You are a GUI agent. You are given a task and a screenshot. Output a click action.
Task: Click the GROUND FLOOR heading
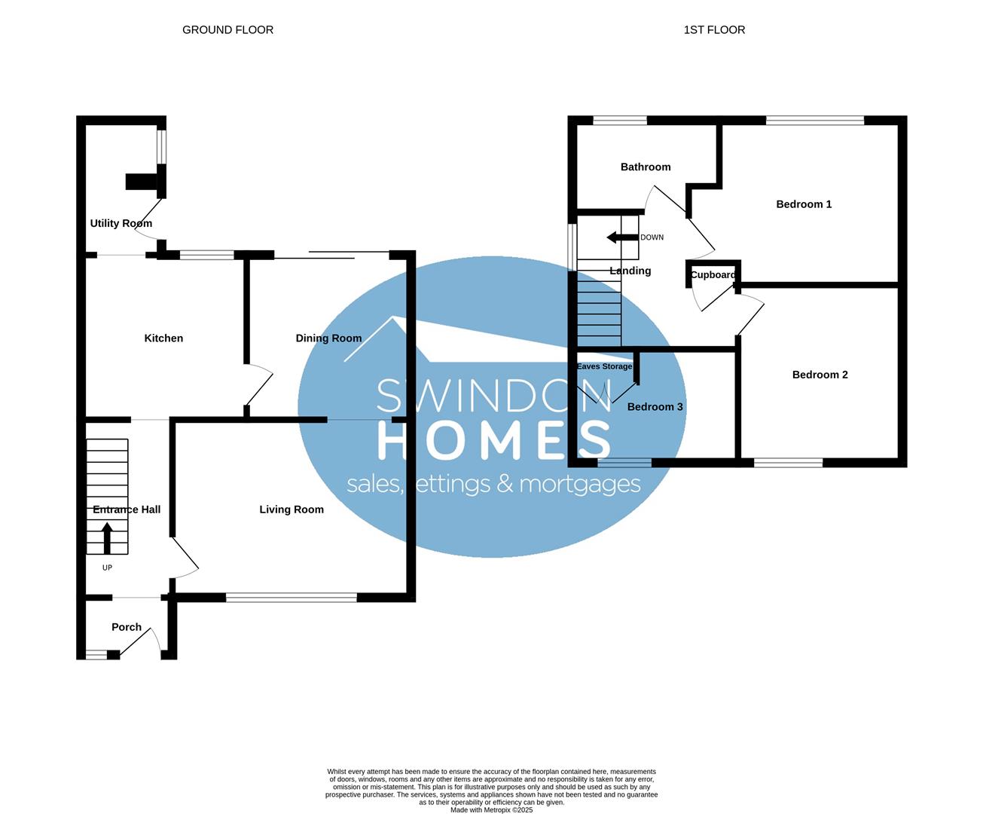227,30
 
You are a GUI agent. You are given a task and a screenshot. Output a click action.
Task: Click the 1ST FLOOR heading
714,30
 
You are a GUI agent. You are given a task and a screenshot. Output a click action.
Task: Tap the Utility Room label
121,223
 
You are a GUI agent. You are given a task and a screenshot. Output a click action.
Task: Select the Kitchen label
163,338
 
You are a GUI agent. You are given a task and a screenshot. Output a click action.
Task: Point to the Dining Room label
328,338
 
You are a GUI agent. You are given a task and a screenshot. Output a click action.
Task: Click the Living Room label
292,510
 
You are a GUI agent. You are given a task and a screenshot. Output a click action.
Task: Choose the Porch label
127,627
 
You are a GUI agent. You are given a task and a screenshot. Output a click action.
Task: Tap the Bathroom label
646,167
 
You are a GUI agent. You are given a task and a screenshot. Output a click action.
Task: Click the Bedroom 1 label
804,204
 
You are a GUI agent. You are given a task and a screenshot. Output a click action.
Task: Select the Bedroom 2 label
820,375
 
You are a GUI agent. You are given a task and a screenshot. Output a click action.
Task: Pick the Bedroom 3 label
655,407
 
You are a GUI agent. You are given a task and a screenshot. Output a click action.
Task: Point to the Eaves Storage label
604,366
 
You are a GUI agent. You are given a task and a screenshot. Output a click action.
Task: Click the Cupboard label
713,275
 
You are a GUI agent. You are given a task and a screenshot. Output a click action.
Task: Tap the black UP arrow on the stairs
107,537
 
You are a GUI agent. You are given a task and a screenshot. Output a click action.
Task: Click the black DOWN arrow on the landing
622,237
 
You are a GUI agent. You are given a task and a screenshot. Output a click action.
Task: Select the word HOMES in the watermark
494,440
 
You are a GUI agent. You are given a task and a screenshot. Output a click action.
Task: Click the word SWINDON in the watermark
494,395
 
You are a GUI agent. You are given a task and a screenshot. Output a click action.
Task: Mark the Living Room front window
292,598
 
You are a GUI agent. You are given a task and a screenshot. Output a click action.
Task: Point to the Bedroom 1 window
815,120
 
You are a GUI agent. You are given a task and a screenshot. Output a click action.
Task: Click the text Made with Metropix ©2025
491,810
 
